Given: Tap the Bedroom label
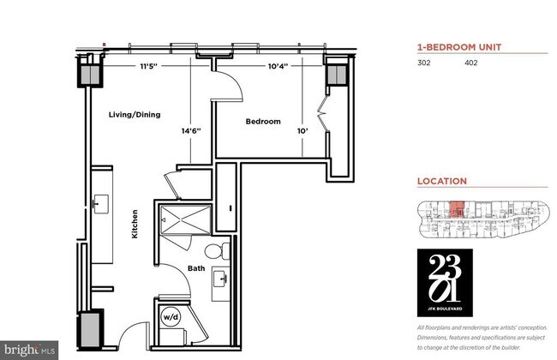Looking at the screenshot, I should click(x=263, y=122).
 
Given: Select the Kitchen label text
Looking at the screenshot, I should click(x=135, y=225).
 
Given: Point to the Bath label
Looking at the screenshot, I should click(x=196, y=269).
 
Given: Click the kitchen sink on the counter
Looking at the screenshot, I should click(x=101, y=206).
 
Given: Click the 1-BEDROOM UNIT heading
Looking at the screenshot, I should click(x=460, y=47).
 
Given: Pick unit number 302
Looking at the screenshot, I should click(x=424, y=63).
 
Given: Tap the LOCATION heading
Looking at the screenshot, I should click(x=441, y=181).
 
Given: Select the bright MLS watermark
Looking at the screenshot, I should click(x=30, y=350).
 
